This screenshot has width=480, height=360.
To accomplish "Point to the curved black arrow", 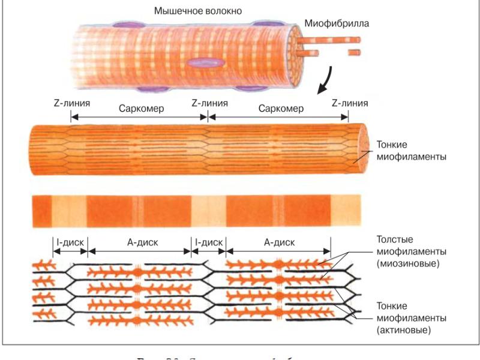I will [326, 79].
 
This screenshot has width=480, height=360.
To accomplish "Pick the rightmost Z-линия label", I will [350, 103].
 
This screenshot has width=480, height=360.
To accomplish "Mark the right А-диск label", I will [280, 244].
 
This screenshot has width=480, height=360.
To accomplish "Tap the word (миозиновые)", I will [405, 263].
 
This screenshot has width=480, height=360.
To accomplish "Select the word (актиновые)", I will [403, 329].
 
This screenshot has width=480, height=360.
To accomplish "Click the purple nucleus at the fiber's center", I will [203, 63].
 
